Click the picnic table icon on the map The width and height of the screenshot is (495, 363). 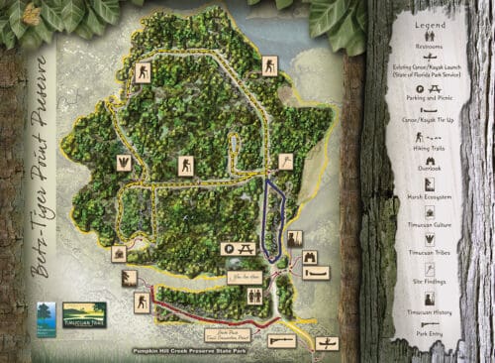click(x=238, y=245)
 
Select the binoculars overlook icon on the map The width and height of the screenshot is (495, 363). click(x=309, y=257)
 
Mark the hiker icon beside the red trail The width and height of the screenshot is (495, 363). click(x=143, y=302)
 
